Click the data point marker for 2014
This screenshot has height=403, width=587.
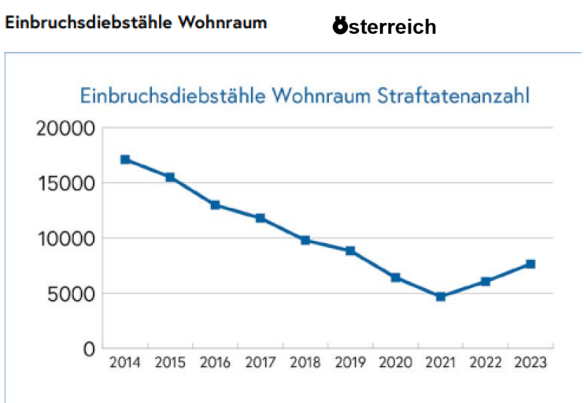[x=125, y=160]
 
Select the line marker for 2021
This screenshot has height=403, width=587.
[x=441, y=297]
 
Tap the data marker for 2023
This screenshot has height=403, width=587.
[x=530, y=264]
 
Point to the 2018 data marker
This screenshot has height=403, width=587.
[x=305, y=240]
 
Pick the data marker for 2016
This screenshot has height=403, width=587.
[x=215, y=205]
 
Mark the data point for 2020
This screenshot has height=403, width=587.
[x=396, y=277]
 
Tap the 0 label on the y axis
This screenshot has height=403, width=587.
[x=89, y=349]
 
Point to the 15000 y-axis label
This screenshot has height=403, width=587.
[x=68, y=183]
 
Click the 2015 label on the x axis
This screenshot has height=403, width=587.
[x=169, y=363]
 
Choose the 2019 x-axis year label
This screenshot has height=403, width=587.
[x=350, y=363]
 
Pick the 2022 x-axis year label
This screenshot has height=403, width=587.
[x=485, y=363]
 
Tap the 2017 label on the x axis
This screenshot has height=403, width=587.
[x=260, y=363]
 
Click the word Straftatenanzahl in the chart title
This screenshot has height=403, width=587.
[x=455, y=96]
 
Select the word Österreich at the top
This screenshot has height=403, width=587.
[x=384, y=27]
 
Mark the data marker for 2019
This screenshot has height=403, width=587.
[x=350, y=251]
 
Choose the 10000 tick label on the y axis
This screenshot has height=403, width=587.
[x=68, y=238]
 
